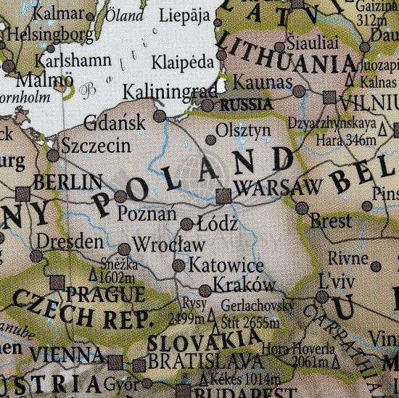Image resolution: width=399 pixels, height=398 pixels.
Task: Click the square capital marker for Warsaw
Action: pos(223,195)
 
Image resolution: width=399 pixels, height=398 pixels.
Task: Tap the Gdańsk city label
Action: pos(116,122)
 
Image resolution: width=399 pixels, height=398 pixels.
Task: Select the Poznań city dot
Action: pos(121,196)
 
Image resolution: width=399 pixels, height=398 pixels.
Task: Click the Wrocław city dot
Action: pos(124,249)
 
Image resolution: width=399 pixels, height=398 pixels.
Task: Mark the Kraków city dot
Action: pos(205,290)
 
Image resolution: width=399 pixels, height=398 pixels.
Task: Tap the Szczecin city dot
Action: pos(52,155)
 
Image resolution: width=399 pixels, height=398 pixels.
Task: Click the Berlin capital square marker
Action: pos(23,192)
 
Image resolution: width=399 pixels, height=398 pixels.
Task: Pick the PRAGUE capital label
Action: pos(104,294)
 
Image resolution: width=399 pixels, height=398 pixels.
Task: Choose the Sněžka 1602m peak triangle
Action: pos(91,275)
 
